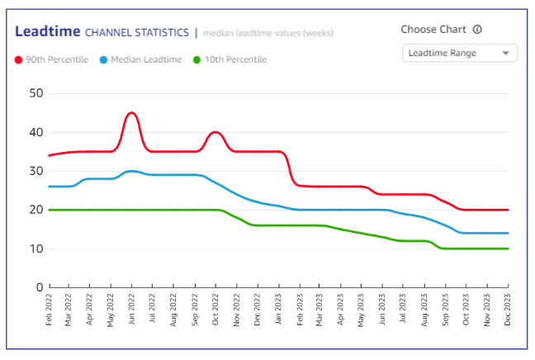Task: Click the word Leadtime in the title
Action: click(x=47, y=32)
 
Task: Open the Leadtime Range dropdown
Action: click(x=459, y=53)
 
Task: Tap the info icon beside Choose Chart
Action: click(x=477, y=30)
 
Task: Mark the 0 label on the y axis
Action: click(x=39, y=287)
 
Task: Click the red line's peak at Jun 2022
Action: click(x=131, y=112)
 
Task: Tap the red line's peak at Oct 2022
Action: click(x=215, y=132)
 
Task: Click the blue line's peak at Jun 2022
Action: click(x=131, y=171)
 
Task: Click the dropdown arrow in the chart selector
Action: click(x=505, y=54)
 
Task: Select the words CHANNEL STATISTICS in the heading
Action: click(x=137, y=33)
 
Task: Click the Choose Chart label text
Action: click(x=433, y=30)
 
